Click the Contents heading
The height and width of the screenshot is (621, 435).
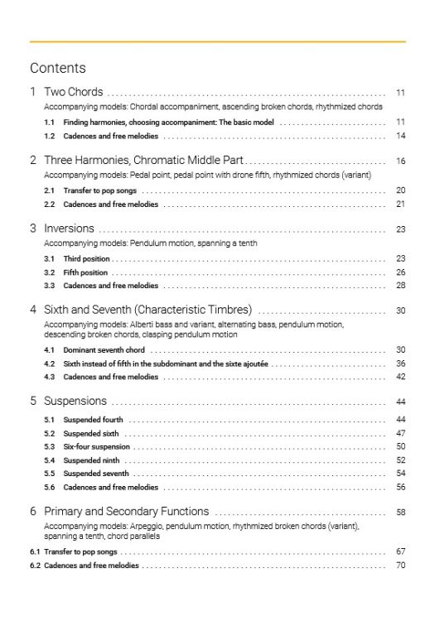point(57,68)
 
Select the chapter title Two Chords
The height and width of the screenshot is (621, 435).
point(73,92)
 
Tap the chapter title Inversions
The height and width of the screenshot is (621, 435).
point(69,229)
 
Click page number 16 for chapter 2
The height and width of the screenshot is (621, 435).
point(400,161)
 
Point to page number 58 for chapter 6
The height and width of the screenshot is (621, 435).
point(400,513)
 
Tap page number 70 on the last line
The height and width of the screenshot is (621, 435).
point(400,566)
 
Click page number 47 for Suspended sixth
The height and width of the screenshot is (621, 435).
point(400,433)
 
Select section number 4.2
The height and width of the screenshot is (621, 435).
point(50,363)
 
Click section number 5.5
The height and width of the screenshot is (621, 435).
point(50,473)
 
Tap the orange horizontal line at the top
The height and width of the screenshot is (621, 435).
point(217,41)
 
